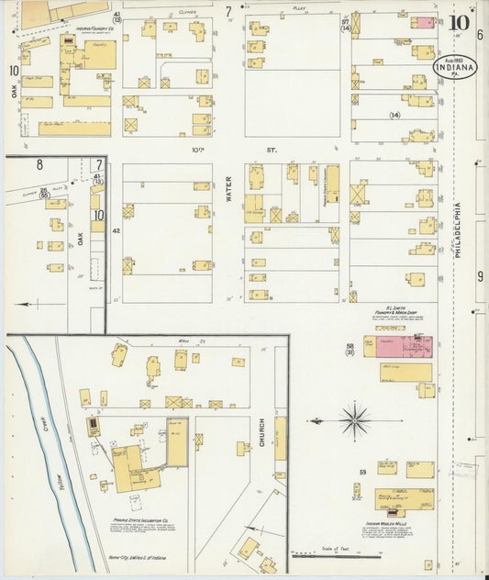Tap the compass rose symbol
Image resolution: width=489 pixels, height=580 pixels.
tap(354, 421)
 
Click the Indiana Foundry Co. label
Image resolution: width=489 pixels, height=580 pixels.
tap(96, 28)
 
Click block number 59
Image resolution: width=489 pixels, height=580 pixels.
tap(362, 473)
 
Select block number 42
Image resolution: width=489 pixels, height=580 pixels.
tap(117, 231)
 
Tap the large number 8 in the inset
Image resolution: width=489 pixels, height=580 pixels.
tap(39, 166)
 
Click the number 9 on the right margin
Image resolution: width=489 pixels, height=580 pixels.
tap(480, 276)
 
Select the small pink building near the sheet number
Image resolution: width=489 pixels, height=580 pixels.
tap(423, 22)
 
